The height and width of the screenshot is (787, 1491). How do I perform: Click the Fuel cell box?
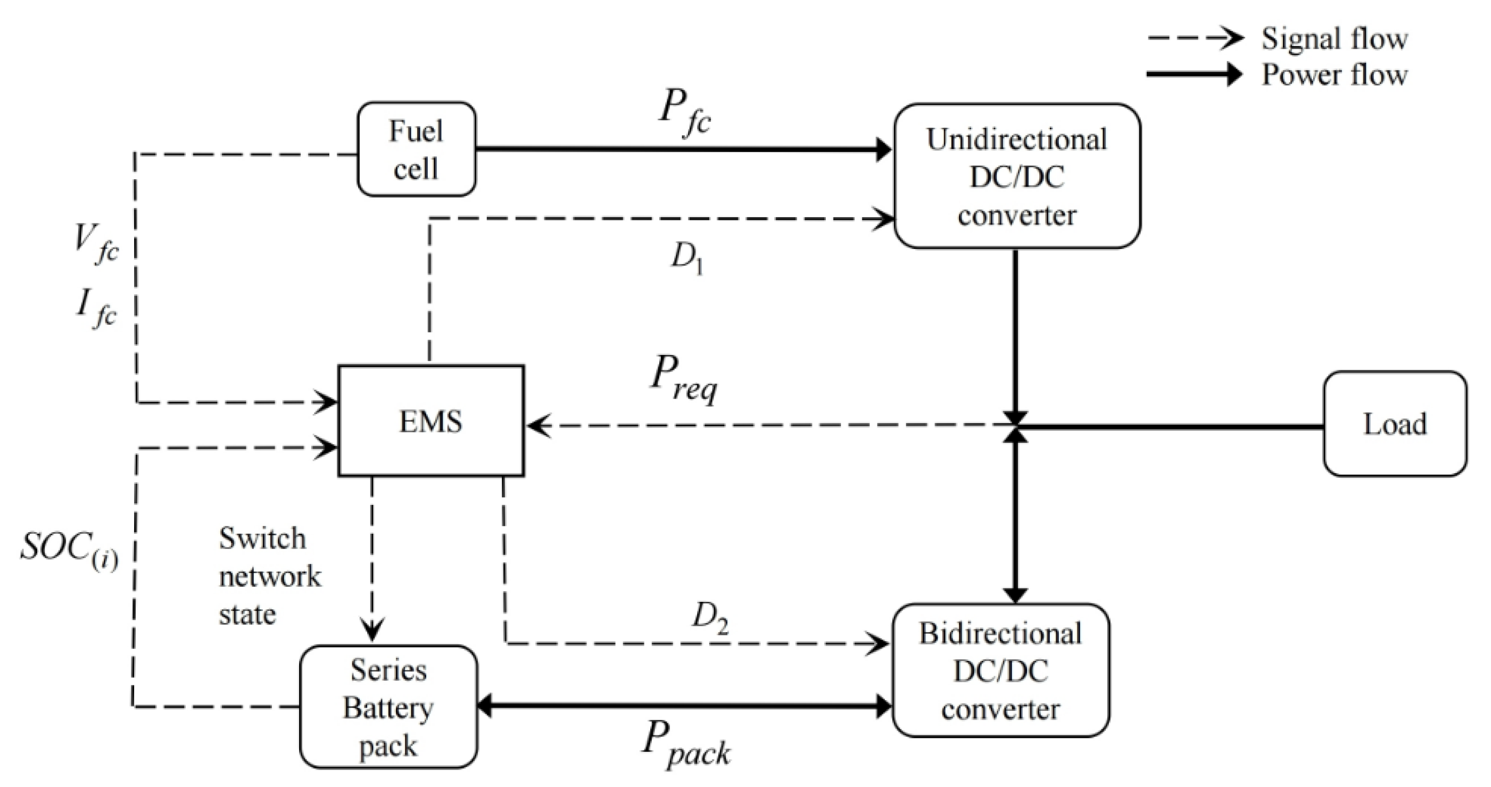pyautogui.click(x=416, y=150)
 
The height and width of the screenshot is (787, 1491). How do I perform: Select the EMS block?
pyautogui.click(x=430, y=421)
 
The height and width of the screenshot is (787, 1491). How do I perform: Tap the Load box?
pyautogui.click(x=1394, y=424)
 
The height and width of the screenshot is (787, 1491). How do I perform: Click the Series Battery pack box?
pyautogui.click(x=388, y=707)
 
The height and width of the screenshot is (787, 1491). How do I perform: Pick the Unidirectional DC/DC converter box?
pyautogui.click(x=1017, y=177)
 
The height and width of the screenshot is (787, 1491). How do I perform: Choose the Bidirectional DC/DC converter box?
pyautogui.click(x=1000, y=670)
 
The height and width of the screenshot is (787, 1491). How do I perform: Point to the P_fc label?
pyautogui.click(x=684, y=113)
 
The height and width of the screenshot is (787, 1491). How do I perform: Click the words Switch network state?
pyautogui.click(x=269, y=576)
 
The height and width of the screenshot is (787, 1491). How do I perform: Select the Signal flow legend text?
pyautogui.click(x=1334, y=39)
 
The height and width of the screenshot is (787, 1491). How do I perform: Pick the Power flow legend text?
pyautogui.click(x=1334, y=75)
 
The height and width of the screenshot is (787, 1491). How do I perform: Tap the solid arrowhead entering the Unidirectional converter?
pyautogui.click(x=884, y=150)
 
